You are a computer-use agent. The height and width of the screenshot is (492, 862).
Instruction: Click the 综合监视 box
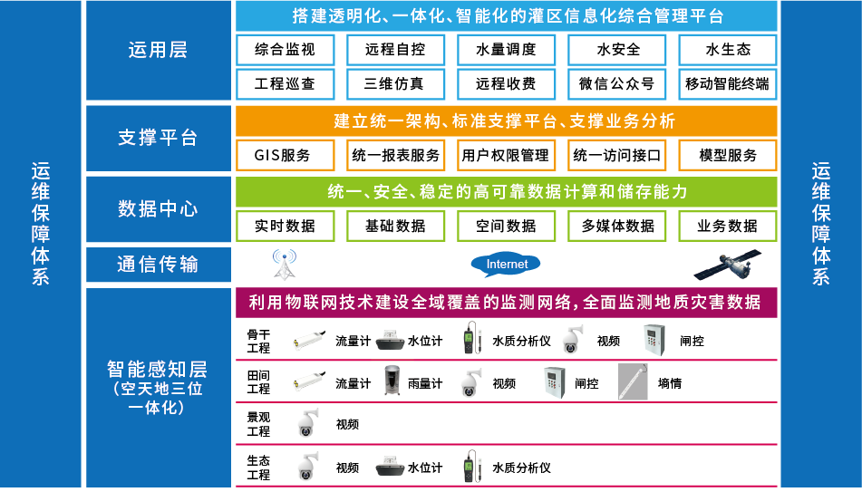[286, 50]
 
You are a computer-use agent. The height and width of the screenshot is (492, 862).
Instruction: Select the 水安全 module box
[616, 50]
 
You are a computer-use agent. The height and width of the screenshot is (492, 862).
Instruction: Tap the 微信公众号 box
[616, 83]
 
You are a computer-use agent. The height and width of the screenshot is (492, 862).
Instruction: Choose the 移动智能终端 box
[727, 83]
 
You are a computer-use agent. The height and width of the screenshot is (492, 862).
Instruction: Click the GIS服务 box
[286, 155]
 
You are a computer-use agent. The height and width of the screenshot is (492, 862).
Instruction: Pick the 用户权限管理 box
[506, 155]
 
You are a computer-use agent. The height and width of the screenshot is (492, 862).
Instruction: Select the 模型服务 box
[727, 155]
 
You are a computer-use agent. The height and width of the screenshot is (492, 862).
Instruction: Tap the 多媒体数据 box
[616, 226]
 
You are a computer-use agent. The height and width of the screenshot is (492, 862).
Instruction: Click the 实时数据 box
[286, 226]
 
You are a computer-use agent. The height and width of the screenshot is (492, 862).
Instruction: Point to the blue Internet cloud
[506, 265]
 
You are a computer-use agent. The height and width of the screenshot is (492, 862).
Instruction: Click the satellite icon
[727, 265]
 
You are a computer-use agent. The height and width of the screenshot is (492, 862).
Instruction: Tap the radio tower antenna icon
[285, 265]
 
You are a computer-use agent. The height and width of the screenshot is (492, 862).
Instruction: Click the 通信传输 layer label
[158, 265]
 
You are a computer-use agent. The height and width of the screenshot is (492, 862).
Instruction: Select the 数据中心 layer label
[158, 209]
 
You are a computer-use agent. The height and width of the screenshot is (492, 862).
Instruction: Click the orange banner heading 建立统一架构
[506, 121]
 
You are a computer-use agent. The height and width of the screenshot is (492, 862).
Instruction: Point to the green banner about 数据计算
[506, 192]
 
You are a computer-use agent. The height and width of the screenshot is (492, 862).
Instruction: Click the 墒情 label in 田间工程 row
[670, 383]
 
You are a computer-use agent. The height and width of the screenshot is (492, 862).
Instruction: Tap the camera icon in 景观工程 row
[307, 423]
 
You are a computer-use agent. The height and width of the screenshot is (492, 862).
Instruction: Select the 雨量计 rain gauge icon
[392, 382]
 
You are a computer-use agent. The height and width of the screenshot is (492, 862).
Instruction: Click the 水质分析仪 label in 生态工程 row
[521, 468]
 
